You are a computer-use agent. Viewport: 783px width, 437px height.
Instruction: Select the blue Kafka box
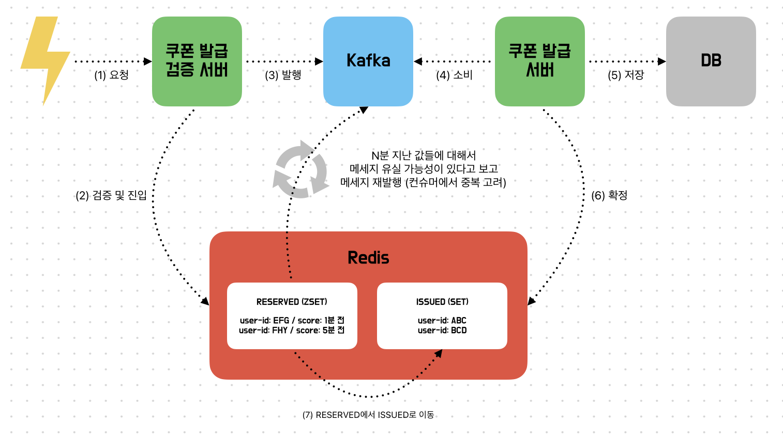(x=368, y=61)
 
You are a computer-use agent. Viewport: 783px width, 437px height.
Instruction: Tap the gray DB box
(x=711, y=61)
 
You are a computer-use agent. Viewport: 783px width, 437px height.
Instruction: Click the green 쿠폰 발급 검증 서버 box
(x=197, y=61)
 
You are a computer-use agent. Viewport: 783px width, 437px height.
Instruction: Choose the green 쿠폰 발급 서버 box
(x=539, y=61)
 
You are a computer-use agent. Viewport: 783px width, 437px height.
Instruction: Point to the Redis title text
(x=368, y=258)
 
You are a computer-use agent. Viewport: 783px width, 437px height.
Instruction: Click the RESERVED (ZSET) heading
(x=292, y=302)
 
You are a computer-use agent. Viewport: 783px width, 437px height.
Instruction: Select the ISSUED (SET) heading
(x=442, y=302)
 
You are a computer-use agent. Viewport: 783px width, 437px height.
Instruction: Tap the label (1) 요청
(x=111, y=75)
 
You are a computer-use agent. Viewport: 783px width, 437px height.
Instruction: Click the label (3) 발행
(x=283, y=75)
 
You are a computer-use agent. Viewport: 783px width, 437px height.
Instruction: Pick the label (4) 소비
(x=454, y=75)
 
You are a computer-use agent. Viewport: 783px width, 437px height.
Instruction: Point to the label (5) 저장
(x=626, y=75)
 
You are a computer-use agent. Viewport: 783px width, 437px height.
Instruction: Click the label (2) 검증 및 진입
(x=111, y=195)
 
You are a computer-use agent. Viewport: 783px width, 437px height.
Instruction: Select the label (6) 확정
(x=609, y=195)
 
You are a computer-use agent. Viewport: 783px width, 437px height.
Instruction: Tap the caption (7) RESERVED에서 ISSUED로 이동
(x=368, y=415)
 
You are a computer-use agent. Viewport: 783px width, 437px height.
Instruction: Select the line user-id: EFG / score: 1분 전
(x=292, y=320)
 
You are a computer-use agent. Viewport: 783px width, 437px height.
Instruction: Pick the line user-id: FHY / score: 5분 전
(x=292, y=330)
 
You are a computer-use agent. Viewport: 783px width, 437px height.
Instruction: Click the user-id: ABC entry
(x=442, y=320)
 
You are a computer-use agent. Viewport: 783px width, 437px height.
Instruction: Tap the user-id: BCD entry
(x=442, y=330)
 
